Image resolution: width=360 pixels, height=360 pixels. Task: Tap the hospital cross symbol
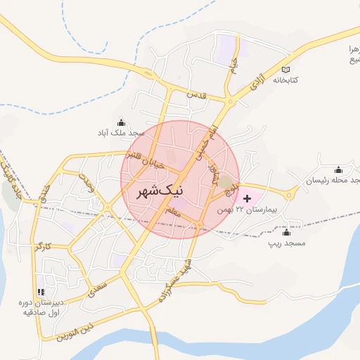[247, 199]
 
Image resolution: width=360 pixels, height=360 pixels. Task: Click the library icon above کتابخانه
[285, 69]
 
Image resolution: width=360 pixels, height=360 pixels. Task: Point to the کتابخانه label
[285, 80]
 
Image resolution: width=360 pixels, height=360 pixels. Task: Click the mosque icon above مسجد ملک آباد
[122, 121]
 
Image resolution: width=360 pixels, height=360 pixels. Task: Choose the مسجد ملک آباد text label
[121, 132]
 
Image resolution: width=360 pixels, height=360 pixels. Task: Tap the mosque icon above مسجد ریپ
[286, 232]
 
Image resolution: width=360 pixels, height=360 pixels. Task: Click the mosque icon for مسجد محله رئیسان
[338, 169]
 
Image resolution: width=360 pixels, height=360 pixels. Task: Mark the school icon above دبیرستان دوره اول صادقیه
[40, 291]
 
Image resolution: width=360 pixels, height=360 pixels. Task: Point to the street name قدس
[195, 94]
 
